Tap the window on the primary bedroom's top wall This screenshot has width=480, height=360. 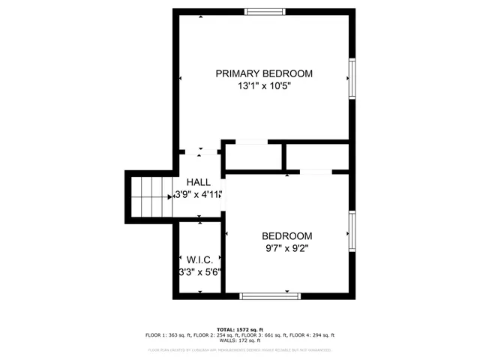pos(265,12)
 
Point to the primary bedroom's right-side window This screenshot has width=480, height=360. pos(351,78)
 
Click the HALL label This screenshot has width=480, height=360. pos(199,182)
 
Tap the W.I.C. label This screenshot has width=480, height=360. pos(199,260)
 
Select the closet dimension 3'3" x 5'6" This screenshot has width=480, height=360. pos(199,272)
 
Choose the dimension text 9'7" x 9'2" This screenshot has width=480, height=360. pos(286,248)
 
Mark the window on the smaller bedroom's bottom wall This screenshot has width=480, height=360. pos(270,295)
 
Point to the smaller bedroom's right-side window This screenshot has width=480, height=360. pos(351,231)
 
